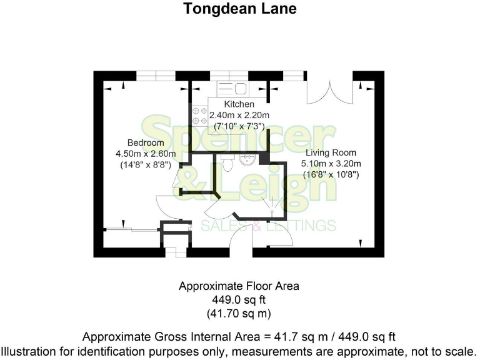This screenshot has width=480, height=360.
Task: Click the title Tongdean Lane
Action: point(239,9)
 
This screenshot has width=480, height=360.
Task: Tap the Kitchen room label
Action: point(239,104)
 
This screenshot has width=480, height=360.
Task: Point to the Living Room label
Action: point(331,152)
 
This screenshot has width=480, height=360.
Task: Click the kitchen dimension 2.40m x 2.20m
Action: point(239,115)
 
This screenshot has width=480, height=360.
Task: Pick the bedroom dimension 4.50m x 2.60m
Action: point(146,154)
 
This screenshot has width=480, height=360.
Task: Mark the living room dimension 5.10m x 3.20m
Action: point(331,164)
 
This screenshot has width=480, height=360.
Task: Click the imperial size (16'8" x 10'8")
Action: point(331,175)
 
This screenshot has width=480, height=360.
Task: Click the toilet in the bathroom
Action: point(227,163)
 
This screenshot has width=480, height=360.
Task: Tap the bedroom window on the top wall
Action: point(156,76)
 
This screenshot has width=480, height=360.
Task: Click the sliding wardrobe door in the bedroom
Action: point(128,229)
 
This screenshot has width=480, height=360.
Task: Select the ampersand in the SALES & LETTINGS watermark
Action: point(256,226)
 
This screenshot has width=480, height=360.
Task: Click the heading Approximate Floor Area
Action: point(239,286)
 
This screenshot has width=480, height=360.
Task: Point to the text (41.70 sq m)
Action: point(239,312)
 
